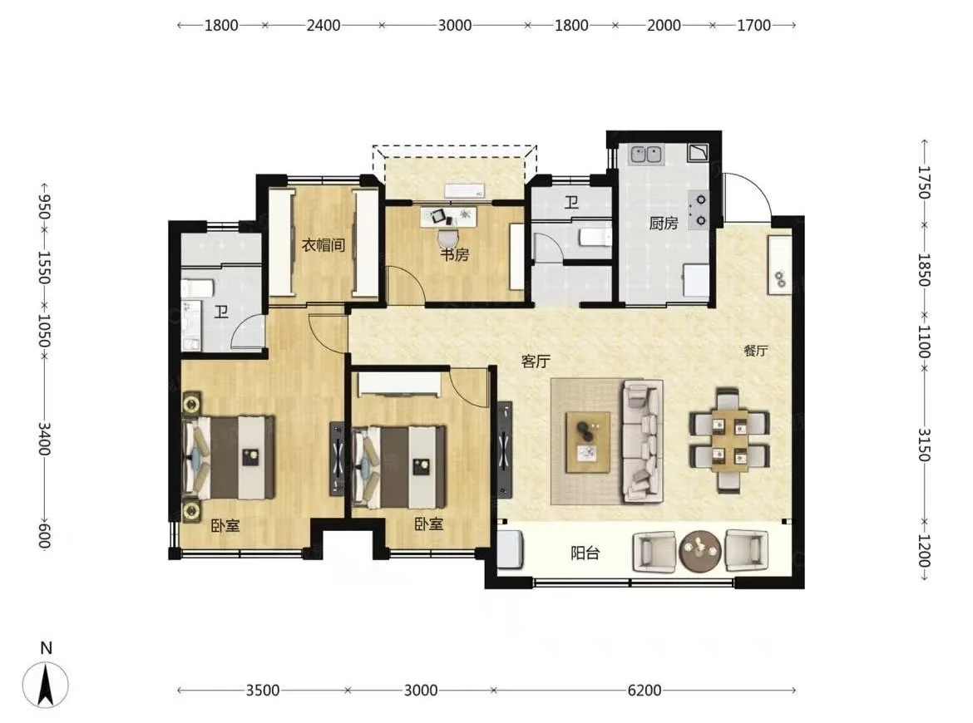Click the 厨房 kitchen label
[664, 223]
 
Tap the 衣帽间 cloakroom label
[323, 245]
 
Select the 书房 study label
[454, 254]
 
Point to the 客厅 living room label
[536, 361]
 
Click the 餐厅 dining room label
[756, 351]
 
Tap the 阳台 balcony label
[585, 553]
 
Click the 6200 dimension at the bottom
[645, 690]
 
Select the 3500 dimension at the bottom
[263, 690]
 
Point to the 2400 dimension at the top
[324, 26]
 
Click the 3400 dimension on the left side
[44, 439]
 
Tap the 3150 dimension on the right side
[924, 445]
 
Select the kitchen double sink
[646, 155]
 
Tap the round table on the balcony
[700, 550]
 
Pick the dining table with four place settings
[729, 440]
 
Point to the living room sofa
[643, 440]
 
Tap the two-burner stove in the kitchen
[699, 209]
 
